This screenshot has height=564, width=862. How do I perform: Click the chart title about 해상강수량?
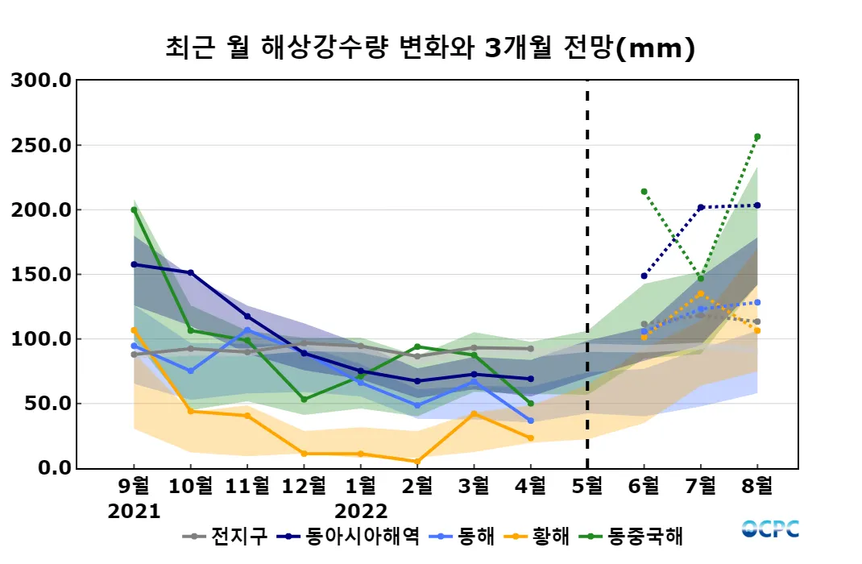click(x=429, y=48)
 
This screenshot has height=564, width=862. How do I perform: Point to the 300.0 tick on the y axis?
click(x=41, y=81)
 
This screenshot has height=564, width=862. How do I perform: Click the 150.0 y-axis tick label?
click(x=41, y=274)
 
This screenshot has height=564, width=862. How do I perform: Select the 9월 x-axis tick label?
click(x=134, y=487)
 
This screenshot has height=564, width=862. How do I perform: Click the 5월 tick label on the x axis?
click(x=586, y=487)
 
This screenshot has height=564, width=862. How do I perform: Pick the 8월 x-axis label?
click(x=757, y=487)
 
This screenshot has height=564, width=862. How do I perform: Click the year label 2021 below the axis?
click(x=134, y=512)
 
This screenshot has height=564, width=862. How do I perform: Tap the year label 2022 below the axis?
click(x=361, y=512)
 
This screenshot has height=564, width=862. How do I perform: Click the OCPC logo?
click(x=770, y=529)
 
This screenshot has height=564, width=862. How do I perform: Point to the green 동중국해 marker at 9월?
click(x=134, y=209)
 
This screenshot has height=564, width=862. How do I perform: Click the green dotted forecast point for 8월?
click(x=757, y=136)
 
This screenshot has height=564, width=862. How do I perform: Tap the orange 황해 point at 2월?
click(x=417, y=462)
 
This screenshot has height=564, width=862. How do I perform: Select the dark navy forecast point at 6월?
click(x=644, y=276)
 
